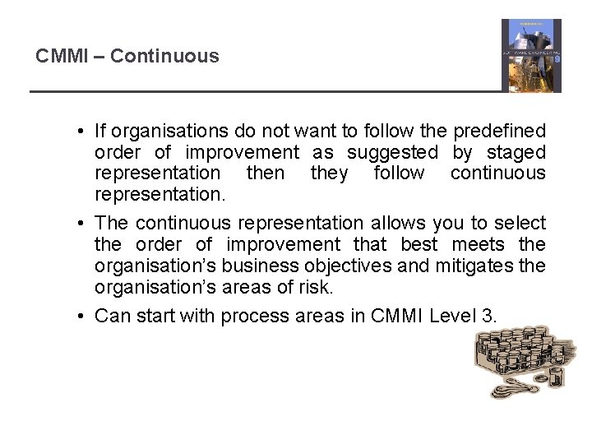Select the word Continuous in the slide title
[x=164, y=57]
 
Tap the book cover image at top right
[x=531, y=55]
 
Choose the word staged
[x=516, y=152]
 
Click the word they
[x=329, y=173]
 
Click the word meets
[x=473, y=244]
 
